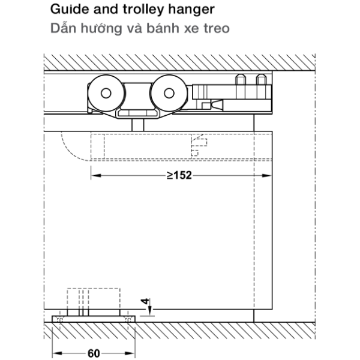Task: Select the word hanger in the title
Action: (191, 10)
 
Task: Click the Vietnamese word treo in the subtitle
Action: (217, 28)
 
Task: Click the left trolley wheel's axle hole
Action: (106, 93)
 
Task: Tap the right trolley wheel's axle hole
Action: (169, 93)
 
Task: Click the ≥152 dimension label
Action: (179, 176)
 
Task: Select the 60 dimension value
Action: (94, 353)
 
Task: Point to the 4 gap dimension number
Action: (145, 301)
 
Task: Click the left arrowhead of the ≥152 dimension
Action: (96, 176)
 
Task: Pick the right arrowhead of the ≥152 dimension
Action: (267, 176)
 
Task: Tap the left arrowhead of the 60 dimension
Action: (58, 353)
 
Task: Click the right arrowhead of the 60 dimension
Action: (130, 353)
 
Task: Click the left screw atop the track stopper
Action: (241, 80)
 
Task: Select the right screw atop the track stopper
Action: (261, 80)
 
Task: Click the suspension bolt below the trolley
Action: (138, 125)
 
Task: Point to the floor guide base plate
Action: (94, 319)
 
